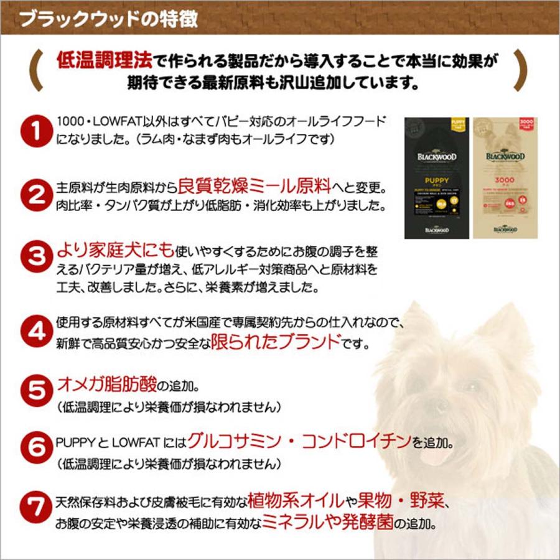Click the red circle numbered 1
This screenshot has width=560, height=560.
point(35,132)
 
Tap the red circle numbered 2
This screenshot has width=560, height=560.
point(35,195)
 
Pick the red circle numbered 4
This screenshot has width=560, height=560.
point(35,332)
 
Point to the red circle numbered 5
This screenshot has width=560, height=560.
point(35,391)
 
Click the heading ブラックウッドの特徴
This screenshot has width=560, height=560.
point(110,19)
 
